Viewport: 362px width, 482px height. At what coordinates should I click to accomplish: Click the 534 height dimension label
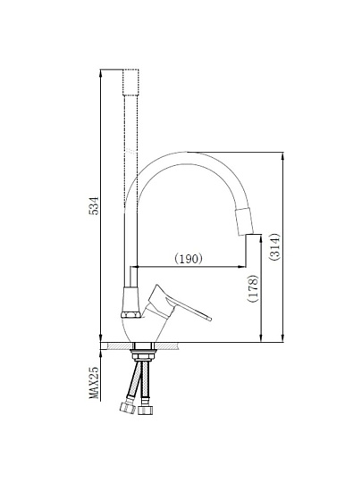click(94, 205)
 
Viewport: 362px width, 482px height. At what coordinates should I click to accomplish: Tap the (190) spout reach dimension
click(189, 259)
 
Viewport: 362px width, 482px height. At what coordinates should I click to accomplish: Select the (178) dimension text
click(253, 288)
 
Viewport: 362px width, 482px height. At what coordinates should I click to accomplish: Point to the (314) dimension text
click(274, 247)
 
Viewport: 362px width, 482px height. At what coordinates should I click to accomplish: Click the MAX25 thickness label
click(94, 382)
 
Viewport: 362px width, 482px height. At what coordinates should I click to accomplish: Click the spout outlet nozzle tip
click(244, 221)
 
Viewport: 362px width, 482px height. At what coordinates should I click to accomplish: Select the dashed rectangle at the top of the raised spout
click(130, 82)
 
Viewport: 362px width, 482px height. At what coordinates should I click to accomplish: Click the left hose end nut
click(128, 408)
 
